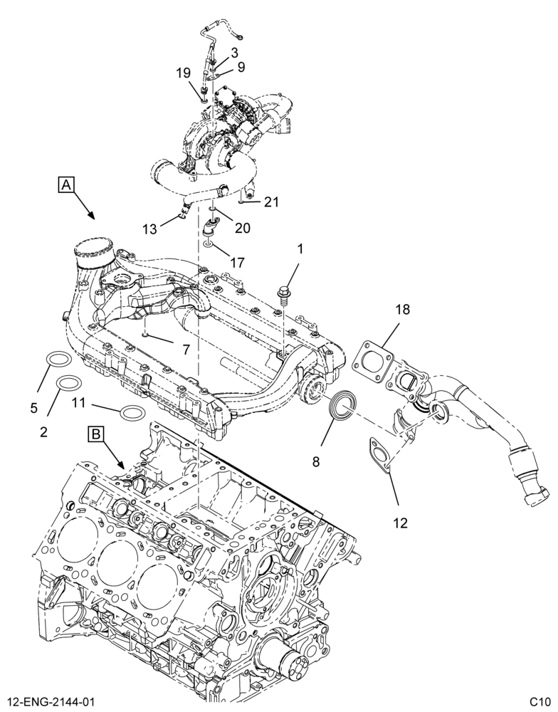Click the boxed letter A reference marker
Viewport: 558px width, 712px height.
pyautogui.click(x=65, y=184)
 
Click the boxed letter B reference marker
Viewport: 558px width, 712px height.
pyautogui.click(x=96, y=434)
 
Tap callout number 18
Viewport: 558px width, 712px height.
pyautogui.click(x=402, y=310)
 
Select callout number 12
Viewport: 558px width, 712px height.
pyautogui.click(x=400, y=523)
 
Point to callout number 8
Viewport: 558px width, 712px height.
pyautogui.click(x=315, y=462)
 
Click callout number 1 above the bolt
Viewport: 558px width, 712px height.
pyautogui.click(x=300, y=248)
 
